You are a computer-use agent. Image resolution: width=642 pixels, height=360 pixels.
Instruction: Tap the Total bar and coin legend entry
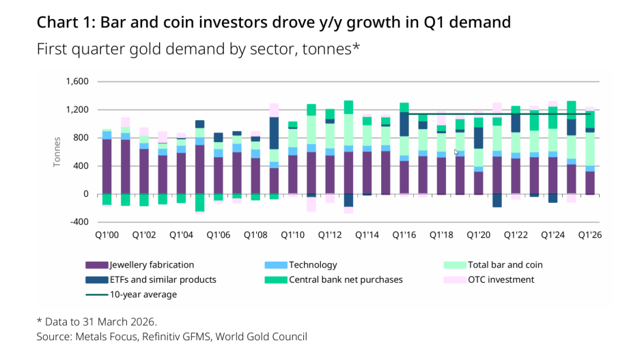click(504, 264)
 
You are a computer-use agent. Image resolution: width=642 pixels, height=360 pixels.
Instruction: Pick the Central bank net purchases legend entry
click(346, 279)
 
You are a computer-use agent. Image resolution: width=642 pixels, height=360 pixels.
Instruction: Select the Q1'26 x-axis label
click(589, 234)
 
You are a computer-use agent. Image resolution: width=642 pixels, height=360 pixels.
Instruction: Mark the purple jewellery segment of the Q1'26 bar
click(589, 182)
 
